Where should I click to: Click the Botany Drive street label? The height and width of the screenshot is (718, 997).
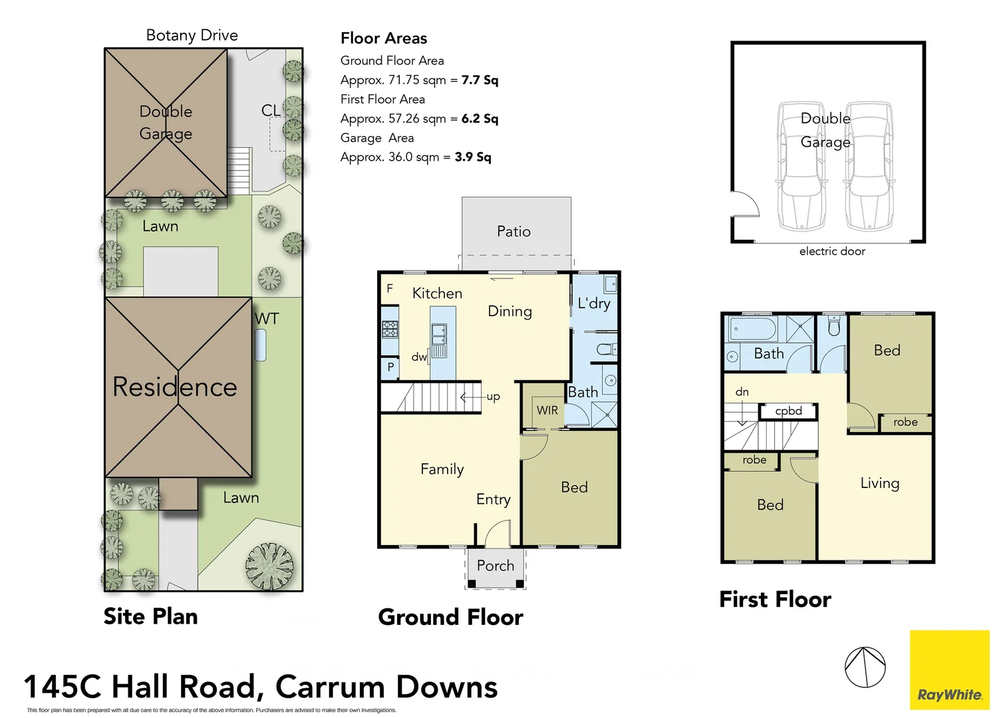pos(192,35)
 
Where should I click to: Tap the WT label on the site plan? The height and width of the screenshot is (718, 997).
pos(267,318)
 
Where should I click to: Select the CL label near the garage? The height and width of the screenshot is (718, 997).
pos(271,110)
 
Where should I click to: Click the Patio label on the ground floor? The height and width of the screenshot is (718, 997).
pos(513,231)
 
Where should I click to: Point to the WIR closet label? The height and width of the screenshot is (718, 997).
pos(547,410)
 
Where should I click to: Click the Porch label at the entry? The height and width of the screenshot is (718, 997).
pos(496,566)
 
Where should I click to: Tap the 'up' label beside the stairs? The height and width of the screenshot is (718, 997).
pos(493,396)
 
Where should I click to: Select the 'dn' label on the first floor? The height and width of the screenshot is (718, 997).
pos(742,392)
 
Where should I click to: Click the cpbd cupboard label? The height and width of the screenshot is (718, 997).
pos(788,411)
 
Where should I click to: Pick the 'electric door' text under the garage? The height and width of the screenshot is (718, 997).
pos(832,251)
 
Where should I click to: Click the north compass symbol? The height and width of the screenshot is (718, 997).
pos(865,667)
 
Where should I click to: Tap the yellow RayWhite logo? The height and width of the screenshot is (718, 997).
pos(949,670)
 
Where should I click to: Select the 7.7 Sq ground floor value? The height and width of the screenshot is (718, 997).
pos(480,80)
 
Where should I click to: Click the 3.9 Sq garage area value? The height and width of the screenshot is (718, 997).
pos(473,157)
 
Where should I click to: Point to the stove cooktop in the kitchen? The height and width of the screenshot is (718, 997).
pos(390,328)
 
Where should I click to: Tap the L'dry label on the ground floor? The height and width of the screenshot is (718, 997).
pos(593,304)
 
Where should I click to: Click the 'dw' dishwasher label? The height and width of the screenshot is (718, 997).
pos(419,357)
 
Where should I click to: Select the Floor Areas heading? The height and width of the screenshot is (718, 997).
pos(384,39)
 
